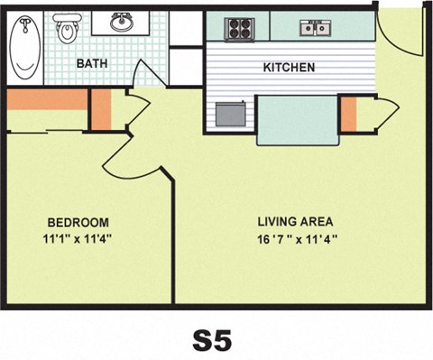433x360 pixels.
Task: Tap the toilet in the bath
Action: click(67, 31)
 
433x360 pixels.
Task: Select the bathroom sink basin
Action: click(124, 23)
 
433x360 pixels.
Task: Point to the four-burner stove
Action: click(238, 28)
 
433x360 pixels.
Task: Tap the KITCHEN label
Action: click(288, 68)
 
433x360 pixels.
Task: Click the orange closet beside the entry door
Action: click(348, 113)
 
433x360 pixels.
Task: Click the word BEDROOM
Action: click(78, 222)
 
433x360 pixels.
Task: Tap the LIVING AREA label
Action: click(296, 221)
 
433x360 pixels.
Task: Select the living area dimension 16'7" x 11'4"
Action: click(296, 239)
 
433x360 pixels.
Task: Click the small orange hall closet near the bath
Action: click(100, 109)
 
